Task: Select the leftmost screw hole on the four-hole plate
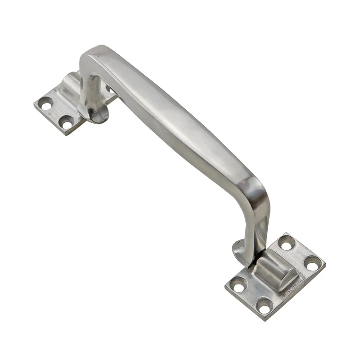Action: [x=238, y=284]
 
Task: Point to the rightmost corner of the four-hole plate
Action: [x=325, y=261]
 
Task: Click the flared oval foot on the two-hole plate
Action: [x=94, y=112]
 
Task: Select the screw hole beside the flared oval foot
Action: [x=67, y=121]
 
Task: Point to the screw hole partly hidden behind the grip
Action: [x=109, y=89]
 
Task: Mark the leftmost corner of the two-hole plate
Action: [x=35, y=106]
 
